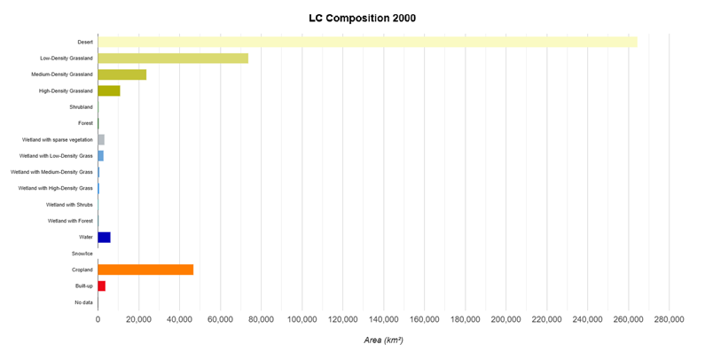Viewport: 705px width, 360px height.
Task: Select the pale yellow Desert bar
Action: [x=367, y=42]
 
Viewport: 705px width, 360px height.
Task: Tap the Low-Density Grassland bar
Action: [x=173, y=58]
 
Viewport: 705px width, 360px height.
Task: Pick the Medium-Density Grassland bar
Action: [x=121, y=74]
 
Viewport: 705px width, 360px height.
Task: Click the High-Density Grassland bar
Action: [x=108, y=90]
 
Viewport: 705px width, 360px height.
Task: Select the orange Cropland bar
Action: [x=145, y=270]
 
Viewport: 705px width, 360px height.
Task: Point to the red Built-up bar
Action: [x=101, y=286]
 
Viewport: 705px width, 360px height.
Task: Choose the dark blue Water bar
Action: [x=104, y=237]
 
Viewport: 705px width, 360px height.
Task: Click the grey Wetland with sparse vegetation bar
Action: [x=101, y=139]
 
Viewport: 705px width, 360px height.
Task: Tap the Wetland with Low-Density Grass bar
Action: [x=100, y=155]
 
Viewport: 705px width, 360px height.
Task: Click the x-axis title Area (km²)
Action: [x=383, y=340]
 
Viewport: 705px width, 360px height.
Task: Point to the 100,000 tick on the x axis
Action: [x=302, y=319]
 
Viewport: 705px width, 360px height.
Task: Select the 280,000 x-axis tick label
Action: [x=669, y=319]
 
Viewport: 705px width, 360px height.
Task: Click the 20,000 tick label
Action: [x=138, y=319]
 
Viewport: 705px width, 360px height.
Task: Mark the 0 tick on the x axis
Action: [x=98, y=319]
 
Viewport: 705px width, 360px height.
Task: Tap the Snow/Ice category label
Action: [x=82, y=254]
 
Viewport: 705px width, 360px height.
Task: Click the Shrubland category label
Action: [x=81, y=106]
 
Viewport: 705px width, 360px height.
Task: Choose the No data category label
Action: [x=83, y=302]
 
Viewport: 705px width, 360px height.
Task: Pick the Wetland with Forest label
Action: [x=70, y=221]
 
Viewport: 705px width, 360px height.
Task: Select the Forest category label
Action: [x=85, y=123]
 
